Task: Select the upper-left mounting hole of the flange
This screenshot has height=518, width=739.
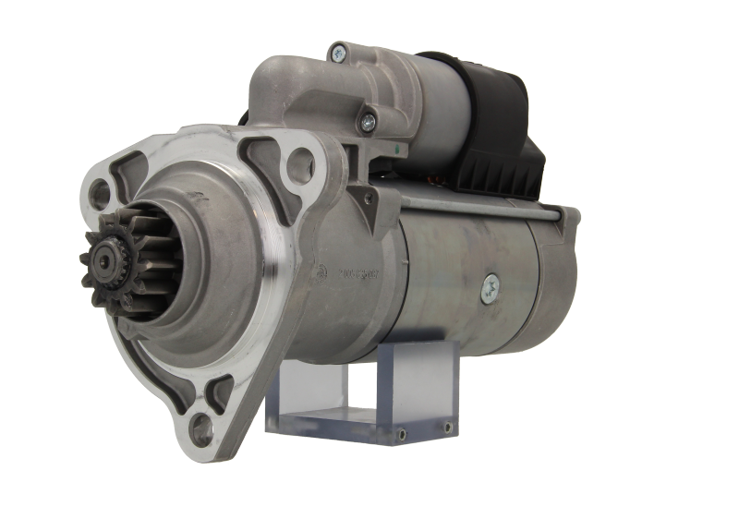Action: (x=102, y=193)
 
